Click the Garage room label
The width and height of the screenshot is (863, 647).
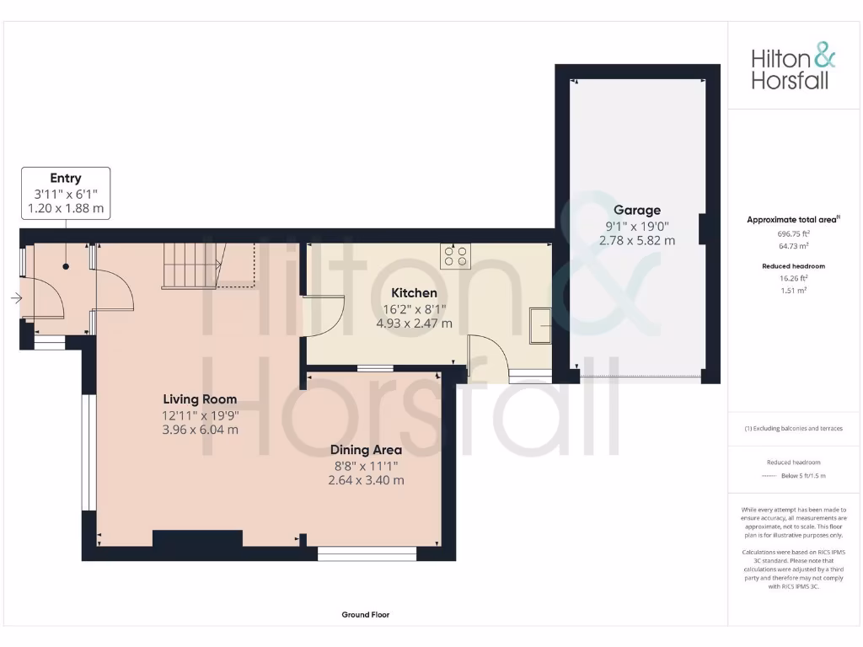coord(636,210)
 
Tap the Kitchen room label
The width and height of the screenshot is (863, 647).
coord(413,292)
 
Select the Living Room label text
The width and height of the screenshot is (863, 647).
coord(200,398)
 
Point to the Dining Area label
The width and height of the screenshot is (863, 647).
coord(366,450)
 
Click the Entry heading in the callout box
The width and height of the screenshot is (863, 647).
coord(66,178)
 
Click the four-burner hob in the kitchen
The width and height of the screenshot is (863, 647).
coord(456,255)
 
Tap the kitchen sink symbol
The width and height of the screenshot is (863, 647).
coord(539,326)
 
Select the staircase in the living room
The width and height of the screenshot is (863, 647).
coord(191,265)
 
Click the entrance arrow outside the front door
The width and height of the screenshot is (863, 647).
coord(15,298)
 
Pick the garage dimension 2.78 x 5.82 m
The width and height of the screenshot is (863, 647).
coord(636,240)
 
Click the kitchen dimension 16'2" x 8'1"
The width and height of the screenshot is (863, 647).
coord(413,308)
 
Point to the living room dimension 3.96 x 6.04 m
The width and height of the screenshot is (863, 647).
coord(200,429)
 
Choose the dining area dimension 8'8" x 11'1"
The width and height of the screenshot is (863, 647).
coord(366,465)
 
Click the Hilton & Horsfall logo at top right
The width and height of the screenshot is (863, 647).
coord(793,68)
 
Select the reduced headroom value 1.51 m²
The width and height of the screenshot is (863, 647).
coord(792,290)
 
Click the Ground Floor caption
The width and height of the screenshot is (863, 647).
coord(365,615)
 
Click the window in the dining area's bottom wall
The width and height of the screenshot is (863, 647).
coord(367,553)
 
